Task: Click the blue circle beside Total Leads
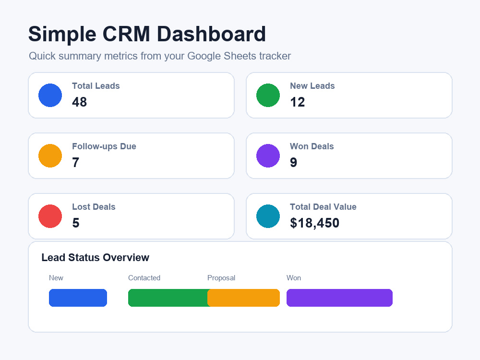(x=50, y=95)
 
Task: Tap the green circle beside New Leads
(x=268, y=95)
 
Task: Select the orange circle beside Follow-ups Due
(x=50, y=156)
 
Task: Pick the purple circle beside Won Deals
(x=268, y=156)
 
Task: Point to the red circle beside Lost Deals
(x=50, y=216)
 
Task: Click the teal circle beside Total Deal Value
(x=268, y=216)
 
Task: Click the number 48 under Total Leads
(x=80, y=102)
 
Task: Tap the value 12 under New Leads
(x=298, y=102)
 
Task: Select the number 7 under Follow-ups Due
(x=76, y=163)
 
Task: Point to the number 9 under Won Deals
(x=294, y=163)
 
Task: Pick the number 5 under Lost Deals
(x=76, y=223)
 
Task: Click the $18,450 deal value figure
(x=315, y=223)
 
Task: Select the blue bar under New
(x=78, y=298)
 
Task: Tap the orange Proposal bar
(x=244, y=298)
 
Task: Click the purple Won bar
(x=339, y=298)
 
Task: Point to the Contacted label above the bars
(x=144, y=277)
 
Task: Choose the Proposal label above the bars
(x=221, y=278)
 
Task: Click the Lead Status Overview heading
(x=96, y=257)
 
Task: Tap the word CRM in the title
(x=126, y=34)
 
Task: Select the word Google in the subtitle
(x=204, y=56)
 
